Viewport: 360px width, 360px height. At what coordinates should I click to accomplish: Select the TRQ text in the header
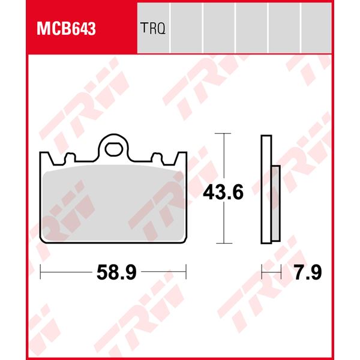153,28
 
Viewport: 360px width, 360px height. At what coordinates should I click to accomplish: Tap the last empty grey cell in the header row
316,28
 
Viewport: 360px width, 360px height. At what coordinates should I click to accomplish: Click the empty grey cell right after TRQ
186,28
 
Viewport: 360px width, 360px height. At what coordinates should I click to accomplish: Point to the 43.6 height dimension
223,193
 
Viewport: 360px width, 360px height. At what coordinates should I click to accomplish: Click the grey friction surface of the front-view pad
113,204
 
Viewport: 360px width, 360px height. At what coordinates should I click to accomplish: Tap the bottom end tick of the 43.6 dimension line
223,244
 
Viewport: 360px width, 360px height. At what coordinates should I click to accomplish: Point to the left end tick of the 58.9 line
40,273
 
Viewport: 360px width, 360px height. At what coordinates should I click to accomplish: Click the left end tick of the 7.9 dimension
263,273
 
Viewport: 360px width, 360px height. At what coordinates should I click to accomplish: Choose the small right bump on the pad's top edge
157,157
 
